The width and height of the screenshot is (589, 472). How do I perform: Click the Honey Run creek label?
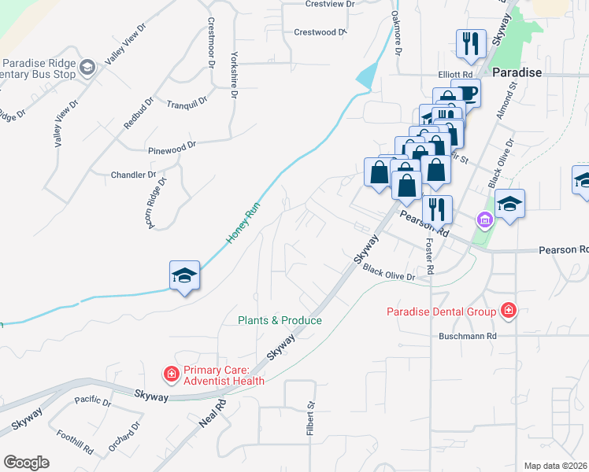point(243,222)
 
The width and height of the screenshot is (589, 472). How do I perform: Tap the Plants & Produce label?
point(280,320)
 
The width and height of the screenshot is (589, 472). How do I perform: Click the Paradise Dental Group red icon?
point(509,312)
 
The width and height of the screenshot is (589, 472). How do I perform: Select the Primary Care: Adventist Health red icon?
point(169,375)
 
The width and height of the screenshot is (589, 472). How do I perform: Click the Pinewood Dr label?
point(172,147)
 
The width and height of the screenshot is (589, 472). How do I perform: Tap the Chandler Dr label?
point(134,175)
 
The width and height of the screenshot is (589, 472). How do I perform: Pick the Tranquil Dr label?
point(187,102)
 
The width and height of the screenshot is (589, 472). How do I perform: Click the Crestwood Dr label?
point(320,32)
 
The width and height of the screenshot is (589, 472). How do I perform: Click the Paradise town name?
point(517,72)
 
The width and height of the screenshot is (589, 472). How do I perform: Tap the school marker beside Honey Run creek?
point(184,276)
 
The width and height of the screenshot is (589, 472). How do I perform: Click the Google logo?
point(26,463)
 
